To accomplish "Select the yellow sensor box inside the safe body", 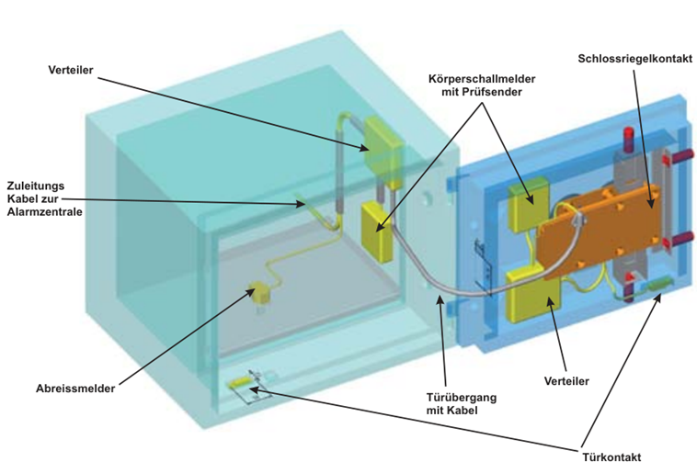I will (376, 229).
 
